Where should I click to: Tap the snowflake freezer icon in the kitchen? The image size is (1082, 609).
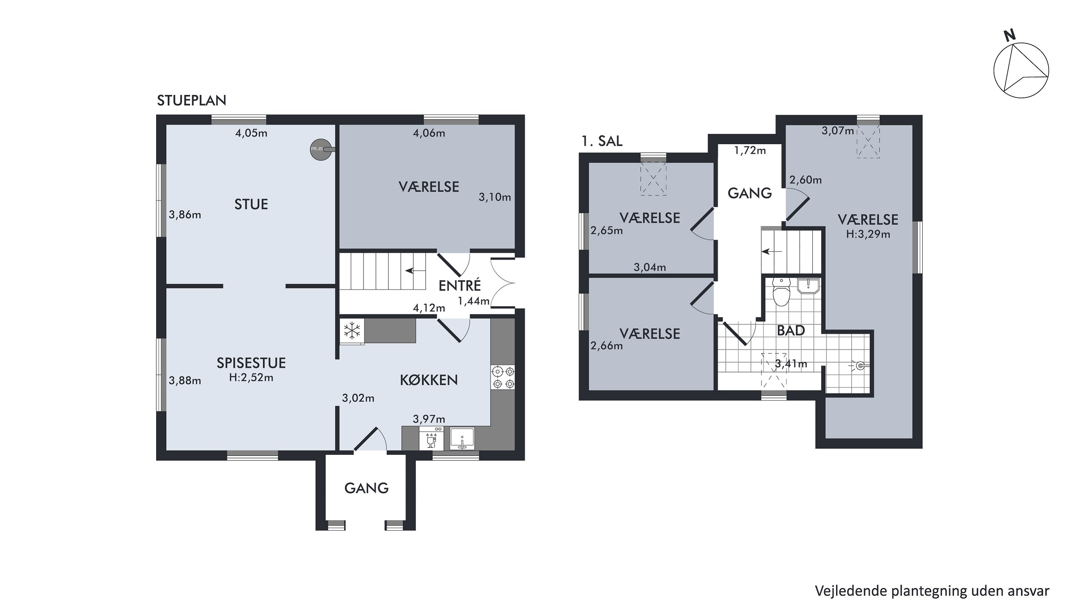point(352,331)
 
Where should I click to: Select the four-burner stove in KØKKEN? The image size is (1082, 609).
point(503,377)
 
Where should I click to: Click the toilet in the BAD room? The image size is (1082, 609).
point(782,292)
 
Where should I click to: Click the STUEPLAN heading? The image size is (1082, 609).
point(192,100)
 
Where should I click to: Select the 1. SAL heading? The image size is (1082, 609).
point(602,141)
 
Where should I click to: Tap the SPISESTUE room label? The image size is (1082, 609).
point(251,363)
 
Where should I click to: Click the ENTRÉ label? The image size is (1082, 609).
point(459,286)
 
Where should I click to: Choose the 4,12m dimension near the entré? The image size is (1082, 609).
point(429,308)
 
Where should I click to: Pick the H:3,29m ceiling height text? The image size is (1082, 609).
point(868,234)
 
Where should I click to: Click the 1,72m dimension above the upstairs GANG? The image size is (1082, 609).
point(750,150)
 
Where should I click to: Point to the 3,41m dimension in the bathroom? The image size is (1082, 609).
point(791,364)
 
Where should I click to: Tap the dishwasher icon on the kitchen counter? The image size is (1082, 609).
point(431,438)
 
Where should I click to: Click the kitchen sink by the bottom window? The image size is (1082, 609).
point(462,439)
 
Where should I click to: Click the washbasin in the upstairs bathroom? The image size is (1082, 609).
point(808,286)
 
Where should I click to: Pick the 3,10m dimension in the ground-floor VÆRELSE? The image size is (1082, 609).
point(495,197)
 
